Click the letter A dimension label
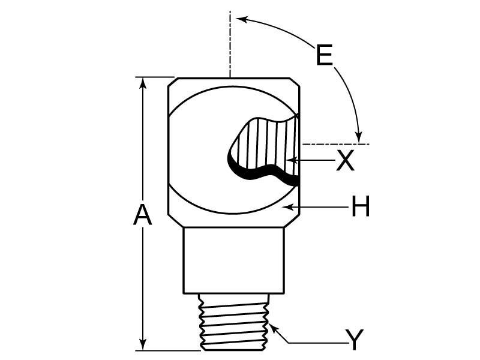(142, 215)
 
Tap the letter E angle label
(324, 56)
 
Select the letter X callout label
(345, 161)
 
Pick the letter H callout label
(360, 208)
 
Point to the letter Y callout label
(355, 340)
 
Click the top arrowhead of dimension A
(143, 82)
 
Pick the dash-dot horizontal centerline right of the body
(336, 144)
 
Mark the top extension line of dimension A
(155, 77)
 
